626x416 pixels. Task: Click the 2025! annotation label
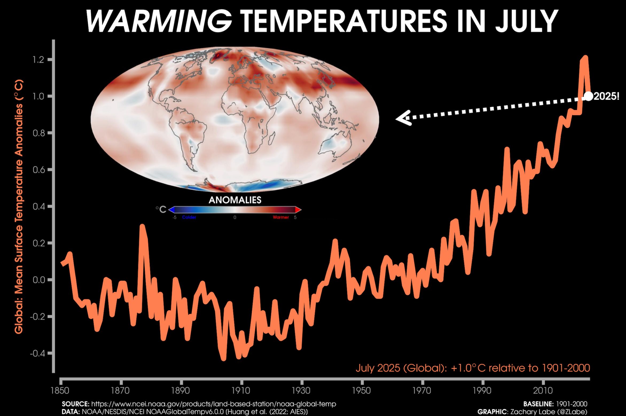click(x=606, y=96)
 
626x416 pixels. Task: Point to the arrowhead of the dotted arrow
click(x=401, y=119)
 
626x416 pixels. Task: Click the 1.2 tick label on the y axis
click(x=38, y=60)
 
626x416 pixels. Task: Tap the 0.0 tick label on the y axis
click(x=38, y=280)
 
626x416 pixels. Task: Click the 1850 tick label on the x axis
click(x=60, y=391)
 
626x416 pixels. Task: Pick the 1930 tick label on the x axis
click(x=301, y=391)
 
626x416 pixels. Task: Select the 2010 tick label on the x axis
click(x=543, y=391)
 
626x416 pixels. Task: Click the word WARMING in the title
click(x=159, y=21)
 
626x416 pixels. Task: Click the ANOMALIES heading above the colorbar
click(x=235, y=200)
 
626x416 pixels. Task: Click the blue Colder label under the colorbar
click(x=189, y=217)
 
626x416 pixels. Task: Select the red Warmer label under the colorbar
click(x=281, y=217)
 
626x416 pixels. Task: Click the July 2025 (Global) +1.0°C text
click(x=473, y=368)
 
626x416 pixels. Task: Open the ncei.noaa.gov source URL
click(x=214, y=404)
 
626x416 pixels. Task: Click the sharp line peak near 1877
click(x=142, y=226)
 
